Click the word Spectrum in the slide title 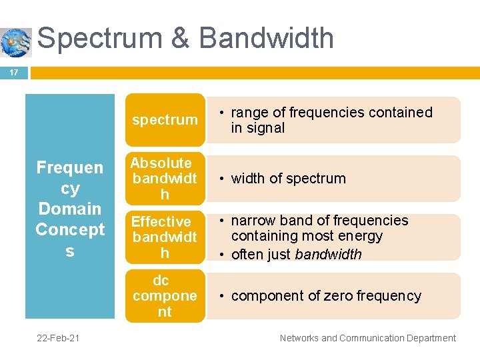point(99,38)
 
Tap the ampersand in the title point(181,38)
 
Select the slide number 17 point(13,72)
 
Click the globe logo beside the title point(16,42)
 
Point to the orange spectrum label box point(165,120)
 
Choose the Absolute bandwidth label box point(164,179)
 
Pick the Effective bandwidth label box point(164,237)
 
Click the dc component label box point(164,296)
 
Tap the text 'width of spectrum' point(288,179)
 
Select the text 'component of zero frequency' point(326,296)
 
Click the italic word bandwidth point(328,255)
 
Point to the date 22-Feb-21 point(59,338)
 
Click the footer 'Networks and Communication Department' point(368,338)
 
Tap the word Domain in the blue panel point(70,209)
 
